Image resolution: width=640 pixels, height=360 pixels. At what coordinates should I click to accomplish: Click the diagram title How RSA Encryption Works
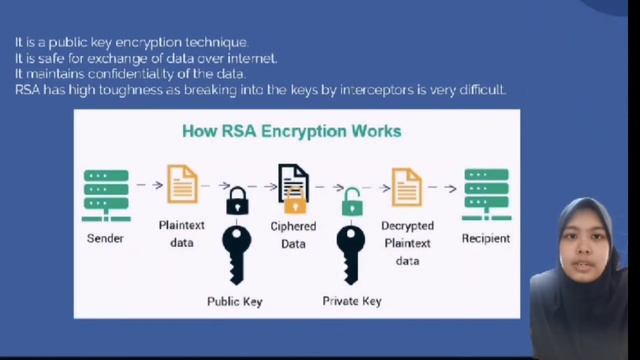coord(291,131)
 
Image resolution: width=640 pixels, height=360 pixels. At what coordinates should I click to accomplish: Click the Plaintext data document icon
coord(182,185)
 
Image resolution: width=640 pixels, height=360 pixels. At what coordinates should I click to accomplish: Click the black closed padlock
coord(237,202)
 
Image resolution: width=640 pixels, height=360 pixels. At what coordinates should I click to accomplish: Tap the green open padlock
coord(351,204)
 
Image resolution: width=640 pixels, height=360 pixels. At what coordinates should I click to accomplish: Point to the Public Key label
coord(235,301)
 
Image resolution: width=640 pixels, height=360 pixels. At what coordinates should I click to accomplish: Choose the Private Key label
coord(352,301)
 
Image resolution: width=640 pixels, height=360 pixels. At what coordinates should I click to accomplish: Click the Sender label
coord(105,239)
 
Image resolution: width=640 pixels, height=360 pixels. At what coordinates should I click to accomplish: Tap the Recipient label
coord(486,239)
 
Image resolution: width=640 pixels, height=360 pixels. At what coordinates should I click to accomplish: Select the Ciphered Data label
coord(293,234)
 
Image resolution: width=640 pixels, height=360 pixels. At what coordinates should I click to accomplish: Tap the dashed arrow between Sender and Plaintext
coord(148,185)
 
